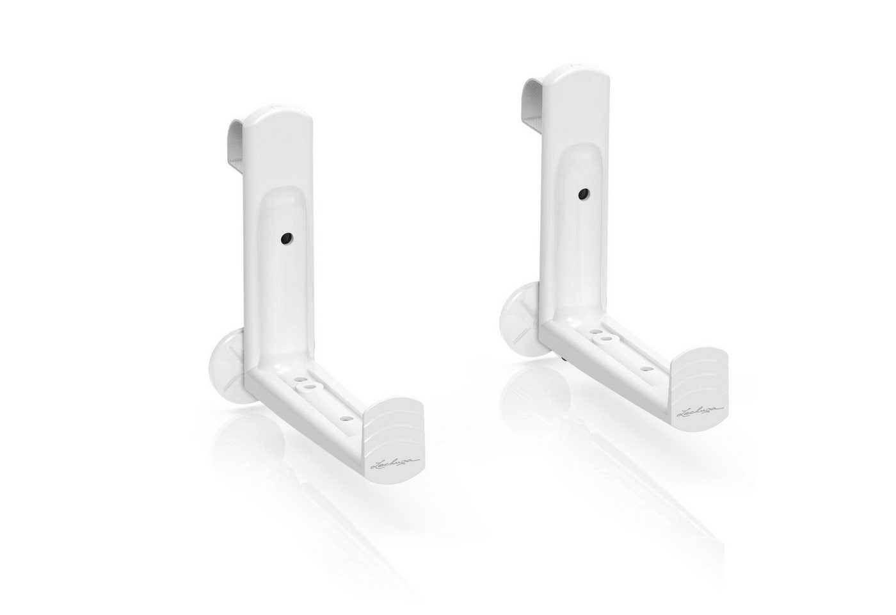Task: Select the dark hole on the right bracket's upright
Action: [x=583, y=193]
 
